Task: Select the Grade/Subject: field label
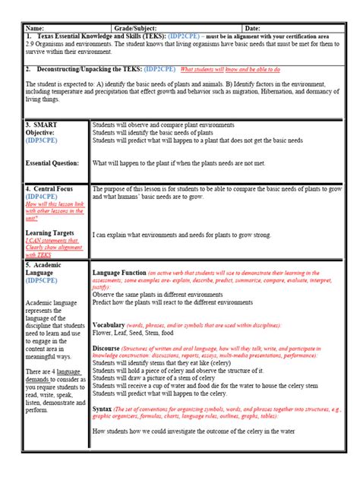pos(135,27)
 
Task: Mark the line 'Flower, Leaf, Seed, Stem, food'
pos(133,333)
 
